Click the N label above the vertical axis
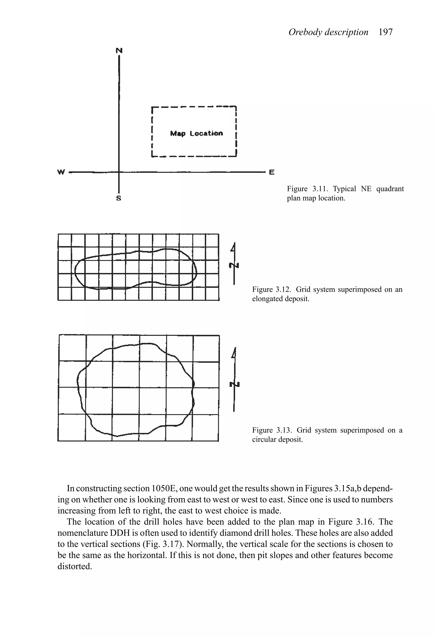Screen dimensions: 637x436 (119, 50)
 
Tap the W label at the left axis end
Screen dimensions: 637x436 (61, 172)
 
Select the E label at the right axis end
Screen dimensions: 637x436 (271, 172)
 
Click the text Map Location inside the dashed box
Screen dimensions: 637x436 (196, 133)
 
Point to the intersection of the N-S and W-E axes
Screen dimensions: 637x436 (119, 172)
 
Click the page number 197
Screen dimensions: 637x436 (385, 32)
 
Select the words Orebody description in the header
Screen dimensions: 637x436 (328, 32)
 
